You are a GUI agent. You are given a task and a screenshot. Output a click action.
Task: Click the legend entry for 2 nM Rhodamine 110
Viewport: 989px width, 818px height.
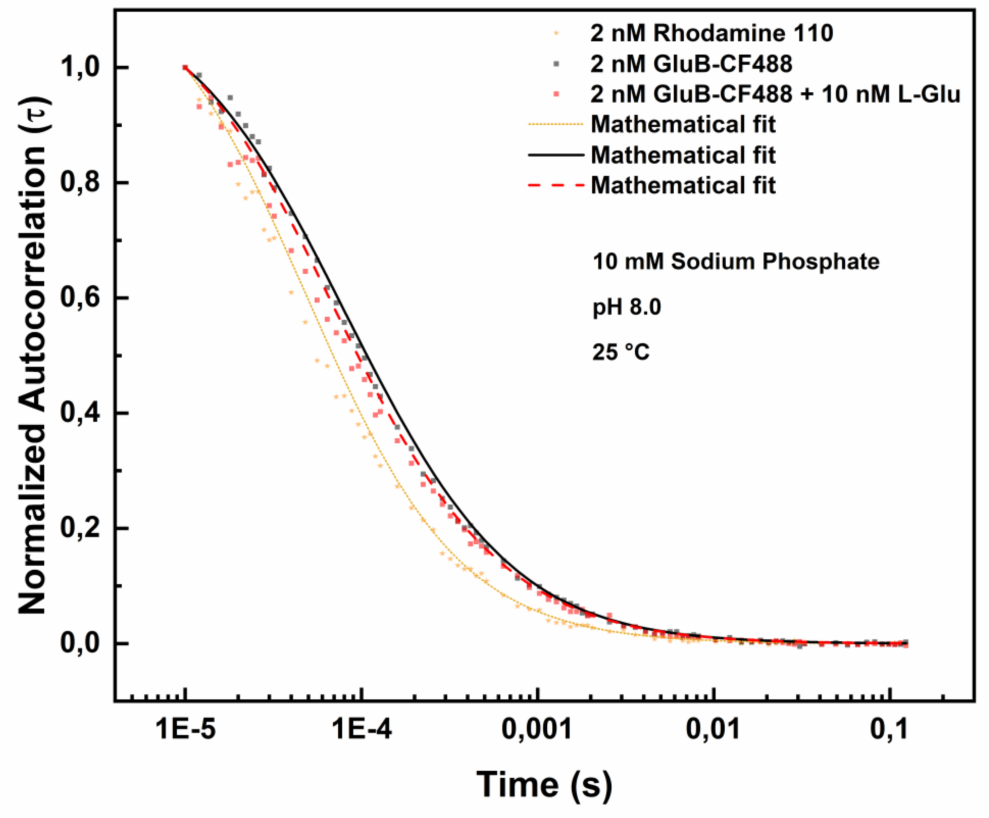point(711,33)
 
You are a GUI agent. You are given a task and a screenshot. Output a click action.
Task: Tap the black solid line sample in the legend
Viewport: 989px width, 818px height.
point(556,155)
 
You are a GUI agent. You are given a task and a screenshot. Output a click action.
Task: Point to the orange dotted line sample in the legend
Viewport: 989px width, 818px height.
point(556,124)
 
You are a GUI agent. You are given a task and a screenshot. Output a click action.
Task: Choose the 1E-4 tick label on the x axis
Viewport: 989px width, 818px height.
point(362,729)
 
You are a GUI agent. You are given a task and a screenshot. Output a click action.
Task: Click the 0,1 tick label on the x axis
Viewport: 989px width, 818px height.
point(889,729)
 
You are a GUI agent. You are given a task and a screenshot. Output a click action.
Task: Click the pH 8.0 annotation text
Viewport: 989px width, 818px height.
point(626,307)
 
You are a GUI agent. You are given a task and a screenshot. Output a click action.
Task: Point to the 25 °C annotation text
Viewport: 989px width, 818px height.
point(621,352)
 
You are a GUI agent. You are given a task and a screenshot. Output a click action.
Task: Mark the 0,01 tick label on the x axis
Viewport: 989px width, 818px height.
point(713,729)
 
